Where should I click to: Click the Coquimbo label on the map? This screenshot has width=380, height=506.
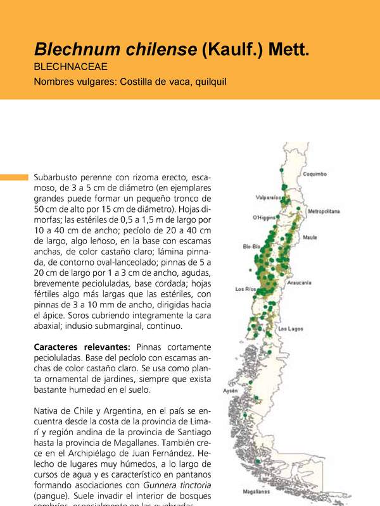pos(314,173)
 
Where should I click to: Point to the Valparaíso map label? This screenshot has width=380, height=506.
pos(269,197)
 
